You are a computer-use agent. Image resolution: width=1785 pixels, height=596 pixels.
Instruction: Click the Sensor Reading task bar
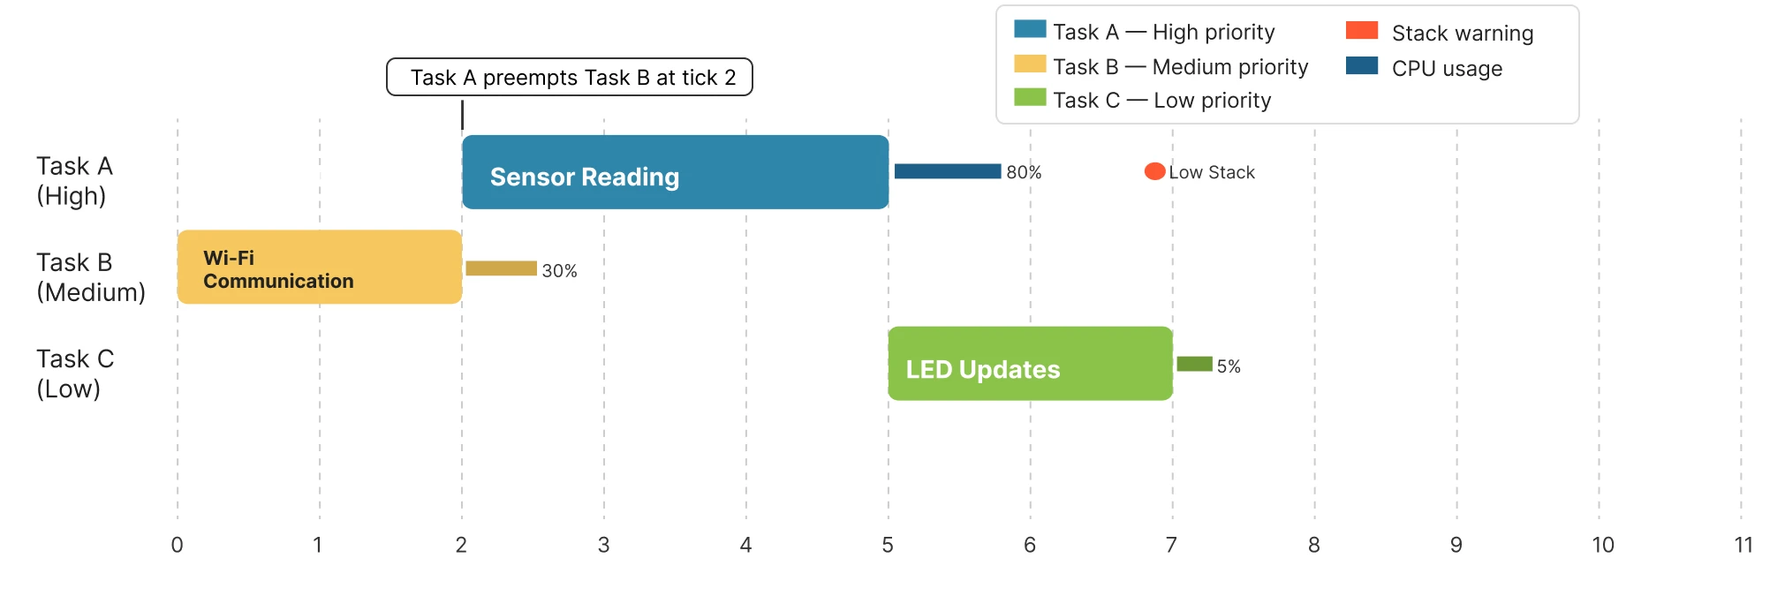click(675, 172)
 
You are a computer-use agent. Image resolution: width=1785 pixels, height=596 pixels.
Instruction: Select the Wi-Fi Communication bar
click(319, 268)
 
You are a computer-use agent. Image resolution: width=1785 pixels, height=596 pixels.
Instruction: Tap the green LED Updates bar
click(1030, 364)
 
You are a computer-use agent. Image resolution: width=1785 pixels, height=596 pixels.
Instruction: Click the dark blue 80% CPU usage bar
click(947, 171)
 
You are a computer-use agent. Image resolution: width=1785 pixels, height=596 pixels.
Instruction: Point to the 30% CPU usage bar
click(501, 268)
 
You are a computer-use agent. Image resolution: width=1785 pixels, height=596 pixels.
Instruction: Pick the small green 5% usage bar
click(1194, 364)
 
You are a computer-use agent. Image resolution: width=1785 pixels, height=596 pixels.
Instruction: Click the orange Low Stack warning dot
click(1154, 171)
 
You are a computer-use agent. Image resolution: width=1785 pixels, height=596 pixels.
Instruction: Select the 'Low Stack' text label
click(1212, 172)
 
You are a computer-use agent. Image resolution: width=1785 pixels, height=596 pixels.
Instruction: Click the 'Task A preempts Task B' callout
click(570, 77)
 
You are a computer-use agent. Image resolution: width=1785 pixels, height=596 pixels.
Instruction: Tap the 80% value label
click(1024, 172)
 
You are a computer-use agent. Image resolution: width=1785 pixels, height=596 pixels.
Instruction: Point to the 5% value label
click(1229, 366)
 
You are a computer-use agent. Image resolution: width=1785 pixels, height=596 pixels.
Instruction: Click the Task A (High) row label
click(74, 181)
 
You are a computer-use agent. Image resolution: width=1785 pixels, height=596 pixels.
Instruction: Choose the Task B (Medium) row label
click(90, 277)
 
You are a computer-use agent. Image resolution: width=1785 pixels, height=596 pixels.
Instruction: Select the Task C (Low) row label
click(75, 373)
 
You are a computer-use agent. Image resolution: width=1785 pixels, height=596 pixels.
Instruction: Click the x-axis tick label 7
click(1171, 545)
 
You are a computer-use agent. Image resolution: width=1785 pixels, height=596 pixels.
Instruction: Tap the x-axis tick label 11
click(1743, 545)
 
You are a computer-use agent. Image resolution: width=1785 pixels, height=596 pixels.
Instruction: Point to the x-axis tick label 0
click(178, 545)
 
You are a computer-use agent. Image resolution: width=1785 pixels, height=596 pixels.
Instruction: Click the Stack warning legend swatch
click(1361, 31)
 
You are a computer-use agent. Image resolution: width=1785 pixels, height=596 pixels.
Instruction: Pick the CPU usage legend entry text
click(1447, 68)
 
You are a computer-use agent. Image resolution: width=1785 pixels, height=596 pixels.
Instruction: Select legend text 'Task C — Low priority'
click(1161, 101)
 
